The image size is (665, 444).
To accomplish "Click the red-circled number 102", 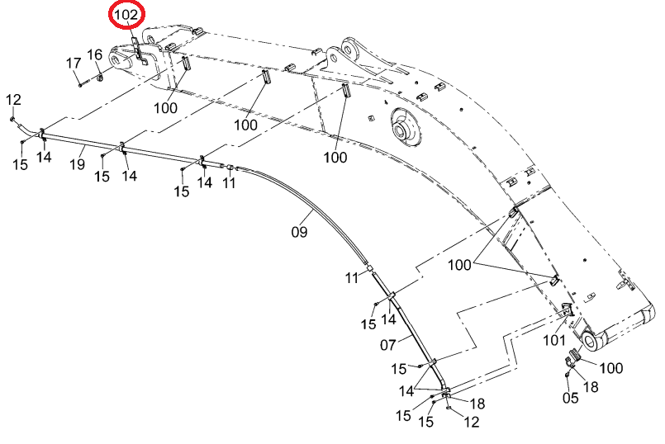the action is click(127, 15).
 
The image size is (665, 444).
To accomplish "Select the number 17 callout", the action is click(74, 63).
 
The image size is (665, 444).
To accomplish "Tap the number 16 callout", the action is click(94, 54).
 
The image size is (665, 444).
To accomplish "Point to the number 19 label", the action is click(77, 164).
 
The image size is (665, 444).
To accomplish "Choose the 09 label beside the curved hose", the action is click(299, 232).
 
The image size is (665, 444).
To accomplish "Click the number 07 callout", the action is click(388, 345).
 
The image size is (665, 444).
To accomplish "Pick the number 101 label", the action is click(554, 340).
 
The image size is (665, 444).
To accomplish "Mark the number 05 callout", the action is click(571, 398).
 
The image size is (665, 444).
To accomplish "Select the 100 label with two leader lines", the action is click(460, 265).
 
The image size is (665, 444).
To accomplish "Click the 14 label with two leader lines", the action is click(406, 390).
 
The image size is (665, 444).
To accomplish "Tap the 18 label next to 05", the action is click(591, 387).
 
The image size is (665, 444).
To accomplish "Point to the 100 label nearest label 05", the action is click(611, 368).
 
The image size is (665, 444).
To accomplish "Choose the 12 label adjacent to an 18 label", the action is click(471, 422).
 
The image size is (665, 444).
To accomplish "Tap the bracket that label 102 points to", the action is click(139, 51).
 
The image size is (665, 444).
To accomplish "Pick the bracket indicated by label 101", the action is click(567, 309).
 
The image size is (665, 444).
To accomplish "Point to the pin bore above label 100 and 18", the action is click(591, 340).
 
